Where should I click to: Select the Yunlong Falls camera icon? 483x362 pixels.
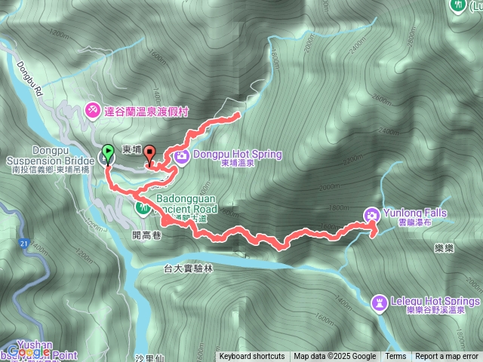(x=371, y=215)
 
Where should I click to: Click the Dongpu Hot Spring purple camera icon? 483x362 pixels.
(x=182, y=156)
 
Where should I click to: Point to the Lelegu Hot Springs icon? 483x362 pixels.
(x=379, y=303)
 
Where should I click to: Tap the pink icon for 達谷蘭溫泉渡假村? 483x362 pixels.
(x=92, y=110)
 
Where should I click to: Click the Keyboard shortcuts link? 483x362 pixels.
(x=252, y=357)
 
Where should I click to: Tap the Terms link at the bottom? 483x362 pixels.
(x=395, y=357)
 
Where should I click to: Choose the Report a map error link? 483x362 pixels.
(x=448, y=357)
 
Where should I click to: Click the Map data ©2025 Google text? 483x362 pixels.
(x=335, y=357)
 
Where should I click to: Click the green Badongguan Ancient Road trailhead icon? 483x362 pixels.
(x=142, y=207)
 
